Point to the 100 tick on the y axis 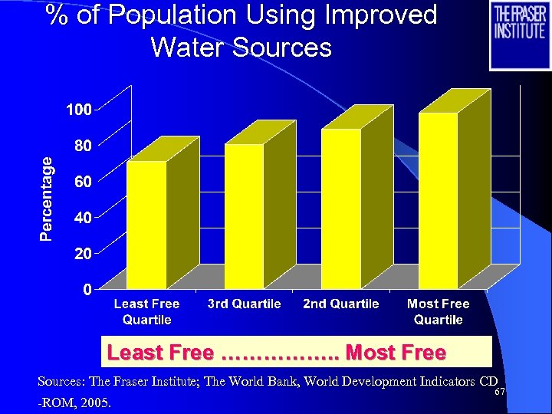click(78, 110)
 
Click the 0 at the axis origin click(87, 289)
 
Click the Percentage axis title click(48, 199)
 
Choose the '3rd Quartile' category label click(244, 304)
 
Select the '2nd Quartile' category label click(341, 304)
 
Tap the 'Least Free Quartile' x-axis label click(146, 311)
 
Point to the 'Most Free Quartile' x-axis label click(438, 311)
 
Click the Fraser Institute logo click(520, 34)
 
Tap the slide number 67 click(499, 392)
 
